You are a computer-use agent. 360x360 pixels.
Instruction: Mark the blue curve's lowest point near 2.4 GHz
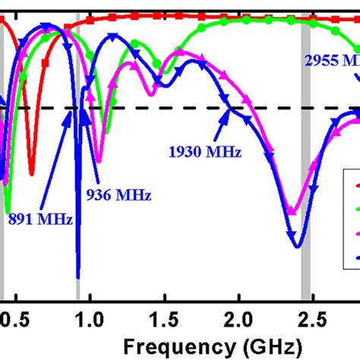297,248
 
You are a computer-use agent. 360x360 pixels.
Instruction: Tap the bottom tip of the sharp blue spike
77,278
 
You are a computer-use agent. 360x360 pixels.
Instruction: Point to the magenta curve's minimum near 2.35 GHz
291,213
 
